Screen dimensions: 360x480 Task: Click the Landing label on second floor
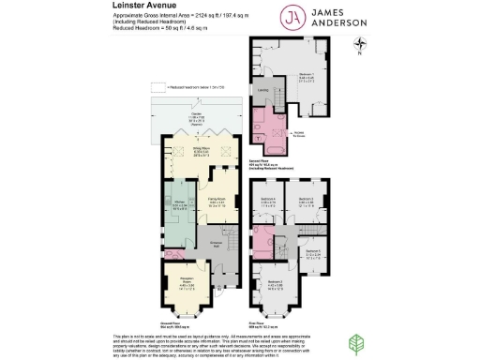(262, 90)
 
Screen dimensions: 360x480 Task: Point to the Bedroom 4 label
(267, 200)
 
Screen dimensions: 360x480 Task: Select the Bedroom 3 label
(305, 199)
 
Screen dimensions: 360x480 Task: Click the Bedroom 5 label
(313, 251)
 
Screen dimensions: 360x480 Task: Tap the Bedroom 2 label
(275, 282)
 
